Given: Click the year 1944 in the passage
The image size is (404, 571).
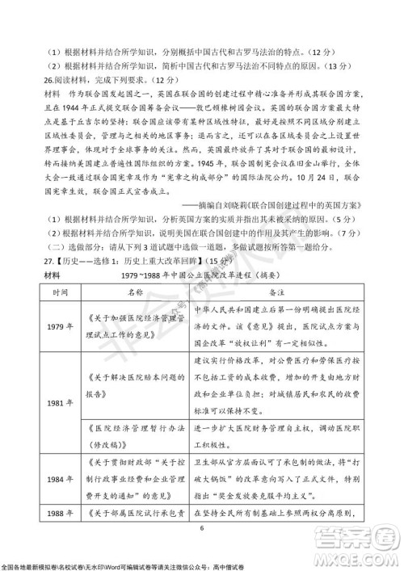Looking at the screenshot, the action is (x=73, y=105).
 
